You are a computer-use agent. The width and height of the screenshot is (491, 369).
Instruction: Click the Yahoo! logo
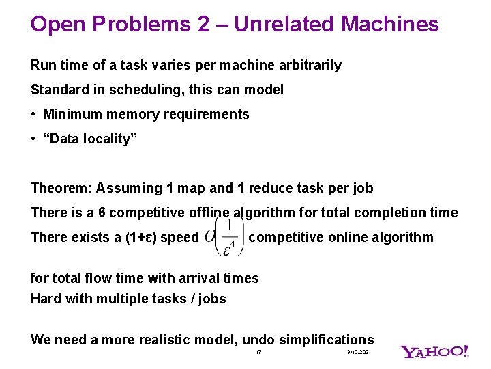pos(434,352)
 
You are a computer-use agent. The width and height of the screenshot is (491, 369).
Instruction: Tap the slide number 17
pos(258,352)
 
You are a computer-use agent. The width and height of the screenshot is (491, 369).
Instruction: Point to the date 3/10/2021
pos(359,352)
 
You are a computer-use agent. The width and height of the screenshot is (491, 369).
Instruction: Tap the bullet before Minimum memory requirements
pos(33,114)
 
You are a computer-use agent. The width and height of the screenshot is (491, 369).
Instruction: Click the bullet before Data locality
pos(33,139)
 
